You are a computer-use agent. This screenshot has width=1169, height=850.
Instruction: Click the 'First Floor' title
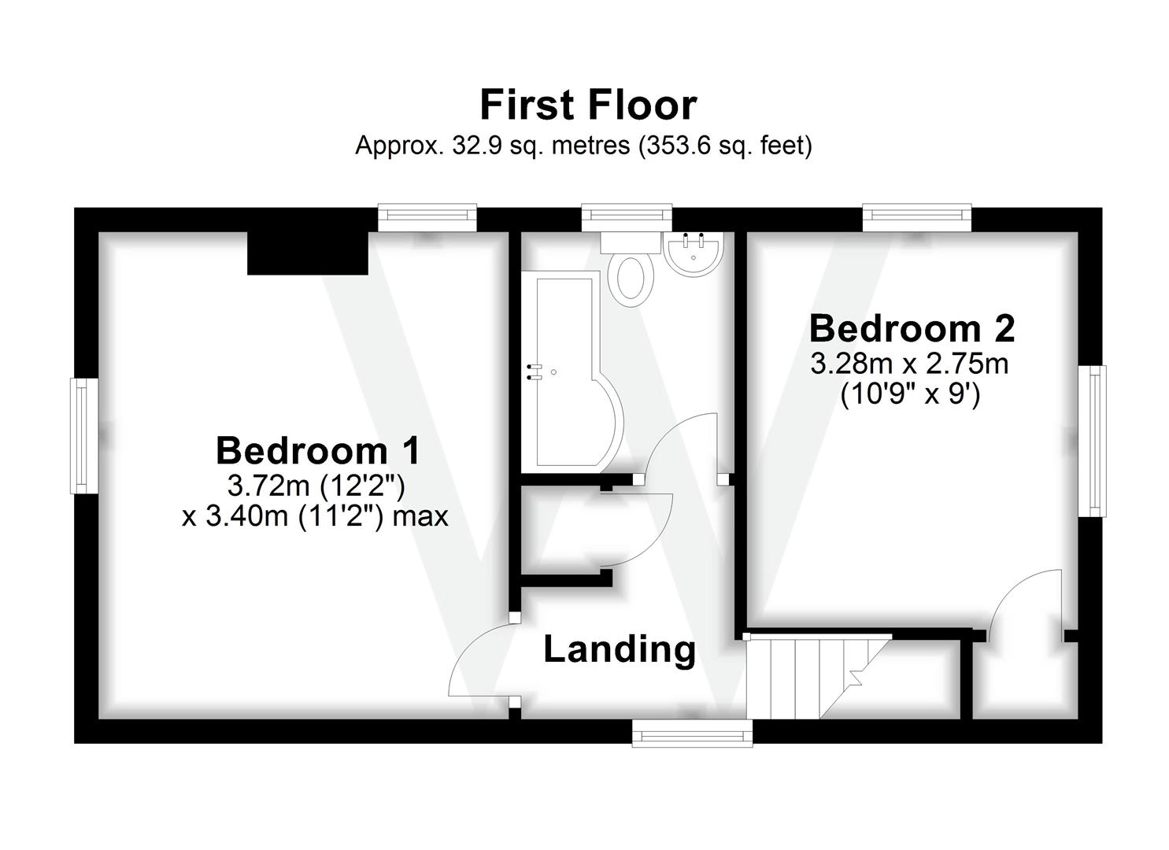pyautogui.click(x=588, y=105)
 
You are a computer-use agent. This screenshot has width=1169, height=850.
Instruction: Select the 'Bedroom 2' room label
pyautogui.click(x=912, y=329)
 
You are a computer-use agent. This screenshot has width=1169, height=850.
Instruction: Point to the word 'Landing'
pyautogui.click(x=620, y=650)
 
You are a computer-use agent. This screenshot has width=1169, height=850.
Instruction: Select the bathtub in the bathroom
pyautogui.click(x=572, y=371)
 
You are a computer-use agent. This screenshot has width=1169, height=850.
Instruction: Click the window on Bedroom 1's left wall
pyautogui.click(x=84, y=436)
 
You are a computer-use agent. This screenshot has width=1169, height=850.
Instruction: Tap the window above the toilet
pyautogui.click(x=627, y=217)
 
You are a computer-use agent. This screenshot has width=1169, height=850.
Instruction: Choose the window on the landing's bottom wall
pyautogui.click(x=692, y=733)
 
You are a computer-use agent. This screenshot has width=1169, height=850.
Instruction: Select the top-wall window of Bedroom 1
pyautogui.click(x=427, y=217)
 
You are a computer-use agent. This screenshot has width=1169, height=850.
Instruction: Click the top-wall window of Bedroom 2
pyautogui.click(x=917, y=217)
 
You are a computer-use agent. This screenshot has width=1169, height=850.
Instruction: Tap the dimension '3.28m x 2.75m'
pyautogui.click(x=910, y=364)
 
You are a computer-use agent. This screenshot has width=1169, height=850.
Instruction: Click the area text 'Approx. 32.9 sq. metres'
pyautogui.click(x=493, y=146)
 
